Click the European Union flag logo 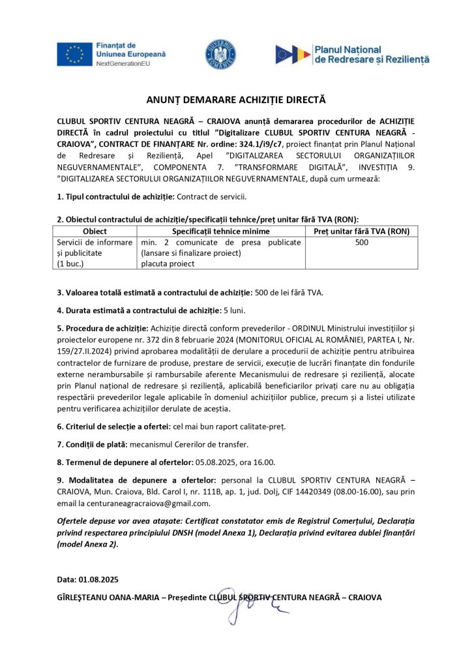(74, 53)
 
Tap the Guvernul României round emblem (220, 53)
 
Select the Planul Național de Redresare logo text (372, 54)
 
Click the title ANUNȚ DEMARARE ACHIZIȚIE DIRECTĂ (235, 100)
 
